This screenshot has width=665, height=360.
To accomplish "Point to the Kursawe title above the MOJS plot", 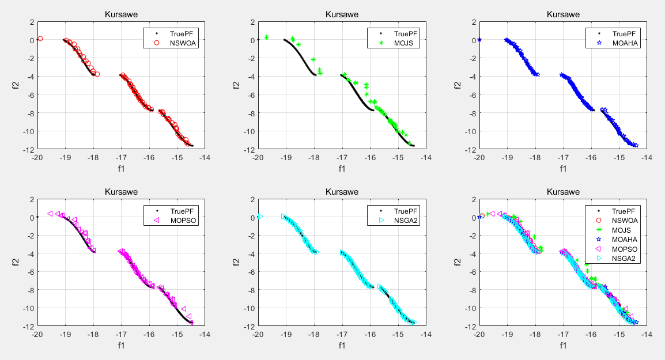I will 342,14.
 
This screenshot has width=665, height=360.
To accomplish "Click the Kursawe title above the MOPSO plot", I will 121,192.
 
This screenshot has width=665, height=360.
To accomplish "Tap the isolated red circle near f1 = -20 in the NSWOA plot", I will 40,39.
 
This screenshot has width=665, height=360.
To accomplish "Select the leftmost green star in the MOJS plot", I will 267,37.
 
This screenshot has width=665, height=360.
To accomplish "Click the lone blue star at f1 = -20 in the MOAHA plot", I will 479,40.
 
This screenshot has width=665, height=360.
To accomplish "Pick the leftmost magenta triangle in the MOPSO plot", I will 50,213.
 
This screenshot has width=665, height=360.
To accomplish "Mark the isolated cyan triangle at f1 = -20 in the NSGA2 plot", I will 260,217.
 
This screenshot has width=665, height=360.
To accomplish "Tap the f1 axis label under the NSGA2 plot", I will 342,346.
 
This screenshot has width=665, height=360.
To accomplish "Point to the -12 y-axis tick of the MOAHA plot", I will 468,149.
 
